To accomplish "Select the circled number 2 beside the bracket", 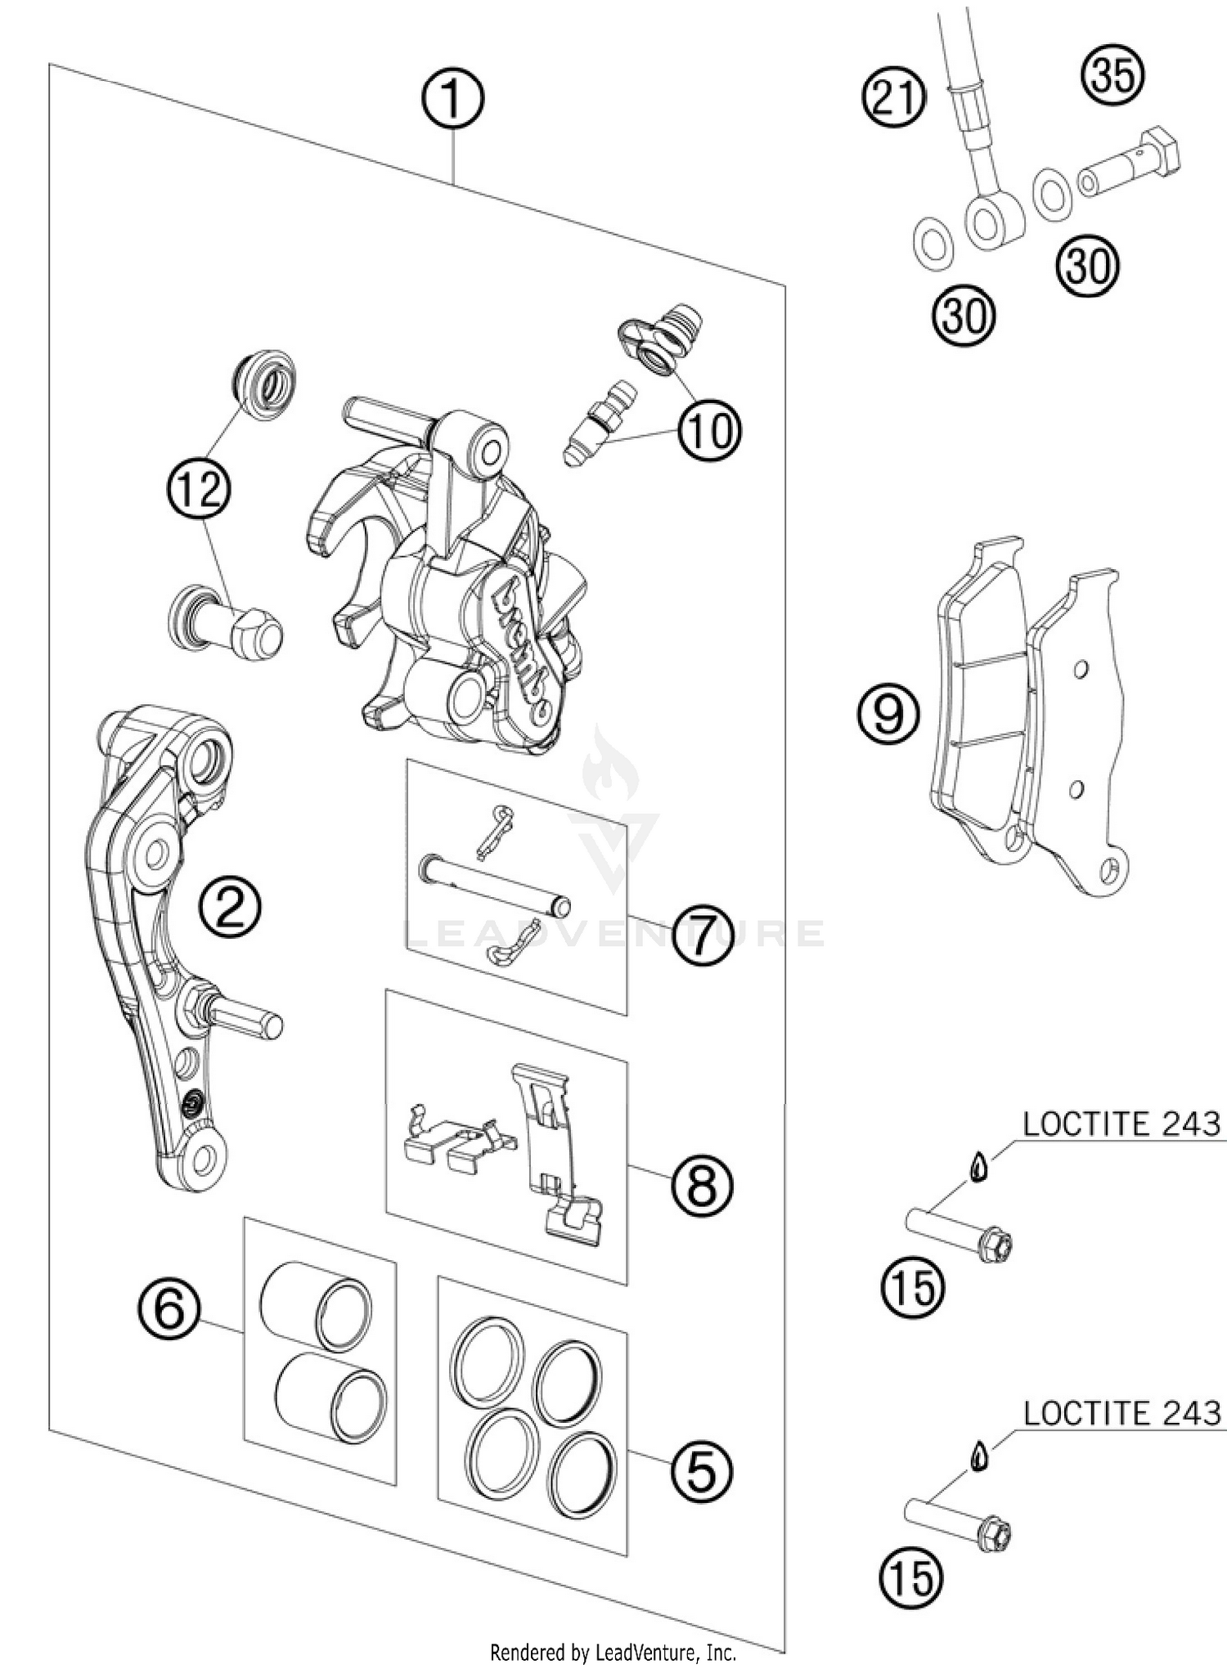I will coord(230,908).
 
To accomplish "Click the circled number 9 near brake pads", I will coord(888,713).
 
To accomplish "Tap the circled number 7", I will coord(702,935).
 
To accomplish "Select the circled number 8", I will coord(702,1185).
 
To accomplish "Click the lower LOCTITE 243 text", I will coord(1121,1412).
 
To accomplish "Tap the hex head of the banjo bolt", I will coord(1161,150).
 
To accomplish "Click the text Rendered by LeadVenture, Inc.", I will coord(613,1653).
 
